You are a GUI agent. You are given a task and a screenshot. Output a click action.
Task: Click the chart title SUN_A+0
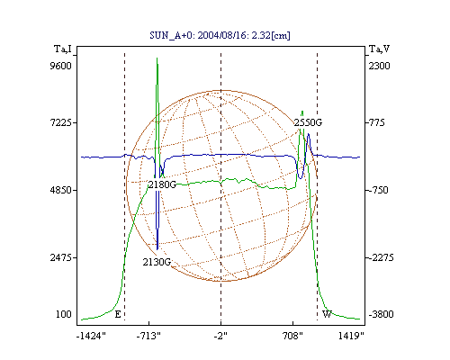169,36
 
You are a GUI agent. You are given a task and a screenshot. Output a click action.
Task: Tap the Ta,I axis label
63,49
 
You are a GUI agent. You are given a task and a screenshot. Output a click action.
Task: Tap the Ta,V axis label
379,49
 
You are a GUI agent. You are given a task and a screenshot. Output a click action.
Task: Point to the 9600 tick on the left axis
61,66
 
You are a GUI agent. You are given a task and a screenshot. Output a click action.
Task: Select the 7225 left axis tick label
61,122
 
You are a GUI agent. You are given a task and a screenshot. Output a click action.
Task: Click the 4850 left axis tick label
61,190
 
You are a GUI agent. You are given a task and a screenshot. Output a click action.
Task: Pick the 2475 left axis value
61,257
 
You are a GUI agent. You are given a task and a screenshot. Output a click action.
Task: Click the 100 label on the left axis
64,314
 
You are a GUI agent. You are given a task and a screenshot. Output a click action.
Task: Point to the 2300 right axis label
379,66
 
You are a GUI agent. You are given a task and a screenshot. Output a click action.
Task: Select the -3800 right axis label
381,314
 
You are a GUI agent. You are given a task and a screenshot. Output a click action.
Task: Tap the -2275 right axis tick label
381,257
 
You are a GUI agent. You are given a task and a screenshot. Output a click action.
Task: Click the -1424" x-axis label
91,336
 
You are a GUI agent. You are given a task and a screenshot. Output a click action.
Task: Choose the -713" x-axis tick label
148,336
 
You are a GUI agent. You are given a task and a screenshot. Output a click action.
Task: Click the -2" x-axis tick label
220,336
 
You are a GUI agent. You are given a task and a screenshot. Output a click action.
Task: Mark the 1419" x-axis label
351,336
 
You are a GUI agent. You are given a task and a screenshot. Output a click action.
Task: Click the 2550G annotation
308,122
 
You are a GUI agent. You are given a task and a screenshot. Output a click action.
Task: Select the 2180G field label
162,184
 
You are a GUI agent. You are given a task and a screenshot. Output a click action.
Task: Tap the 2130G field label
157,262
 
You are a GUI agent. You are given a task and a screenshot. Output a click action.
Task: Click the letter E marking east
118,314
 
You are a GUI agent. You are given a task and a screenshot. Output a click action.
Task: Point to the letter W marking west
327,314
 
